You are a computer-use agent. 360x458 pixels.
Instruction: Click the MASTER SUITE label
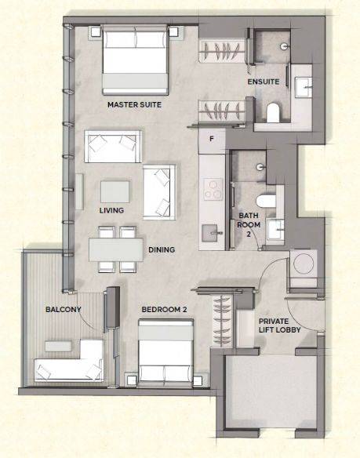(134, 104)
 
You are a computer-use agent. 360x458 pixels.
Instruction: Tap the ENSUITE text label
(264, 82)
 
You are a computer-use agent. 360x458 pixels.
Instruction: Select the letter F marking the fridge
(212, 139)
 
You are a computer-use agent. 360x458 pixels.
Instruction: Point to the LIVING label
(111, 210)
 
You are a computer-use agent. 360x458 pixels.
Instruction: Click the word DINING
(162, 249)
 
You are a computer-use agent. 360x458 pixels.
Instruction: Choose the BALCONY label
(64, 309)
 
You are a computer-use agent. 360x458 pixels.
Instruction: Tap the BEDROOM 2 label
(164, 309)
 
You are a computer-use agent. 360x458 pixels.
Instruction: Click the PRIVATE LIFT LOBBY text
(279, 325)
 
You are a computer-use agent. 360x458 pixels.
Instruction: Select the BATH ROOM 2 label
(249, 224)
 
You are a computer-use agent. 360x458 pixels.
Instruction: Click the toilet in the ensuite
(273, 112)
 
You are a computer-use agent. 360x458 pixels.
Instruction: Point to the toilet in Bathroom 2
(266, 202)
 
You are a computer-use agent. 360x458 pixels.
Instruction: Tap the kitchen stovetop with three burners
(213, 189)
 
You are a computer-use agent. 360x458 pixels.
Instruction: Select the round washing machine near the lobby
(304, 264)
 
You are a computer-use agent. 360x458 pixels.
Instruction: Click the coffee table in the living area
(115, 192)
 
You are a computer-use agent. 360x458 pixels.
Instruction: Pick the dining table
(116, 249)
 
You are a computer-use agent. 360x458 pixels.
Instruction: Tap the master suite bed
(135, 60)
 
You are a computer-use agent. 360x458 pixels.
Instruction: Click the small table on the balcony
(59, 346)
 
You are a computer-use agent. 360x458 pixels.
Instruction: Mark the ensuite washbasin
(303, 87)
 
